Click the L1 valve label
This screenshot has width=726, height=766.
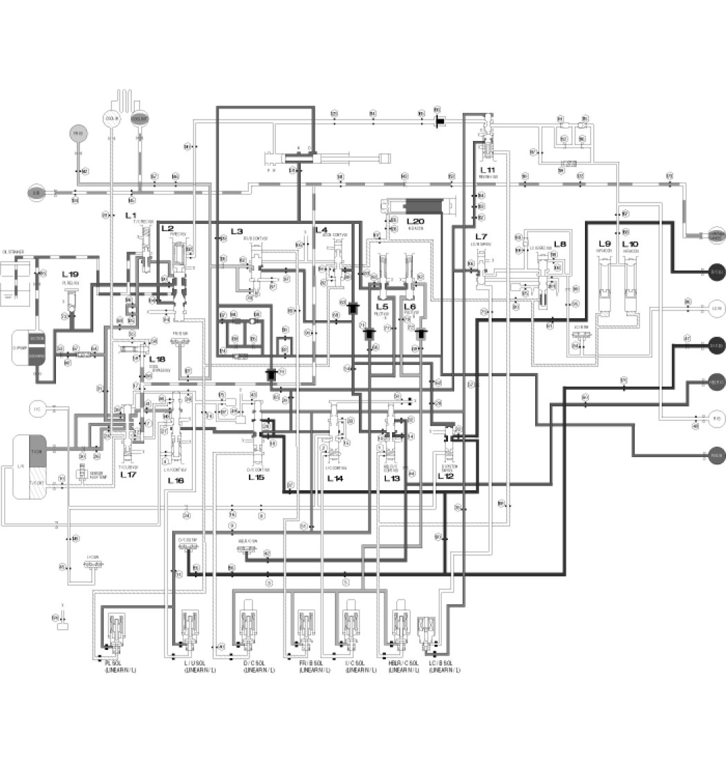[131, 216]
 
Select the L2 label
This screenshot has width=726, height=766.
[167, 228]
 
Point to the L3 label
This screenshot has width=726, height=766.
[236, 231]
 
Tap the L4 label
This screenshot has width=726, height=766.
[320, 230]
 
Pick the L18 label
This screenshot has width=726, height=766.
[158, 359]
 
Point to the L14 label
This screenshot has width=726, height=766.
[335, 478]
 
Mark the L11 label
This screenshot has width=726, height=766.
[488, 169]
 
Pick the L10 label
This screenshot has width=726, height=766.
[630, 244]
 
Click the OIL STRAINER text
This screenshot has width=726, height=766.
[15, 253]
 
